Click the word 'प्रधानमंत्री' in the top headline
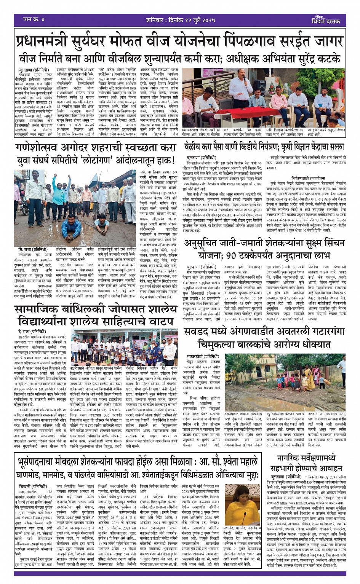[x=45, y=41]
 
